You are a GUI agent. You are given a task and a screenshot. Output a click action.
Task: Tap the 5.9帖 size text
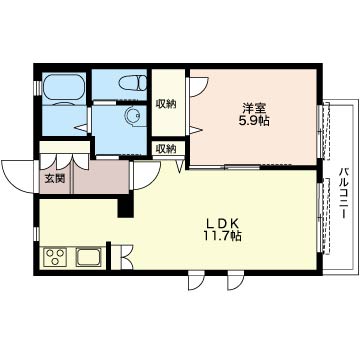(x=254, y=121)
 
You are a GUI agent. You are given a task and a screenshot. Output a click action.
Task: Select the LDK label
(x=223, y=223)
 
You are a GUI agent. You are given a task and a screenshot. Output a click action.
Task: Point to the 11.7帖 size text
(x=223, y=236)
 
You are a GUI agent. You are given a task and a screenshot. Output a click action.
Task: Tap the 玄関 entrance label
(x=55, y=179)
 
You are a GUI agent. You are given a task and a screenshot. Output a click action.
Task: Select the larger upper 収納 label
(x=166, y=104)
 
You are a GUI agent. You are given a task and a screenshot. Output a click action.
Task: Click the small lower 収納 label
(x=166, y=149)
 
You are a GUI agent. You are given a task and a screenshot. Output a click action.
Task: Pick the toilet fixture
(x=133, y=83)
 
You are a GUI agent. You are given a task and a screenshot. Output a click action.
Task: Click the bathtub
(x=64, y=86)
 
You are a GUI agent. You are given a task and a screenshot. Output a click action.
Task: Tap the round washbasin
(x=133, y=116)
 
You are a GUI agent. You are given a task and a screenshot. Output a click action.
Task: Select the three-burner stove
(x=55, y=257)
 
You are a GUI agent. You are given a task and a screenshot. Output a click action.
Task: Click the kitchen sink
(x=88, y=257)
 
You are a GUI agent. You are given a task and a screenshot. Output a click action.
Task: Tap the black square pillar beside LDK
(x=126, y=206)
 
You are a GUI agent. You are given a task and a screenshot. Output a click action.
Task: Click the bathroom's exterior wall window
(x=37, y=86)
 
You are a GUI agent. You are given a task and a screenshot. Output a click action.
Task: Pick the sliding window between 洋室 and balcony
(x=320, y=131)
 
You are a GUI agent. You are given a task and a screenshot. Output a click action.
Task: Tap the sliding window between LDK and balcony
(x=320, y=217)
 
